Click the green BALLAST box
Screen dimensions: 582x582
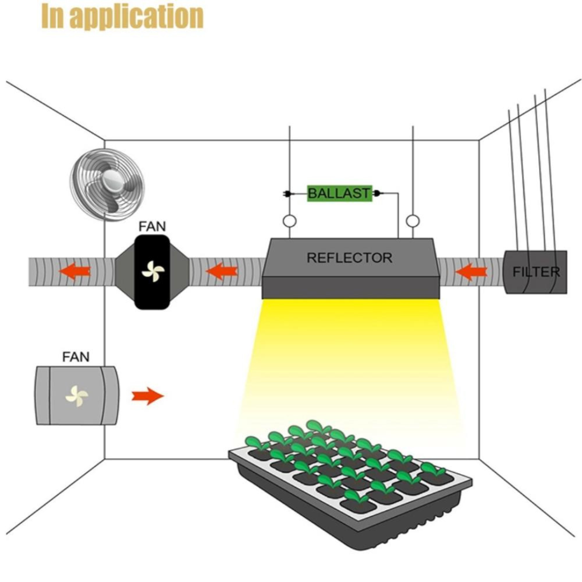[x=339, y=193]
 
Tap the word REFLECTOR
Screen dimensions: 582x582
[x=349, y=258]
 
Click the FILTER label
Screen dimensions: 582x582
[x=536, y=272]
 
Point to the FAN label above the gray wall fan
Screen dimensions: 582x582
[x=76, y=357]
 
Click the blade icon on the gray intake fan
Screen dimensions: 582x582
[x=76, y=396]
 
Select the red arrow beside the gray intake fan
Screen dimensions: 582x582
[x=148, y=397]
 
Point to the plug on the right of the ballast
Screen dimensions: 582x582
[x=377, y=193]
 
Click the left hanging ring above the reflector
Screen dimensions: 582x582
[x=289, y=221]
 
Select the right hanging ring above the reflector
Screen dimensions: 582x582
[x=413, y=221]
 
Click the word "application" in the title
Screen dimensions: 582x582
[x=137, y=17]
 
